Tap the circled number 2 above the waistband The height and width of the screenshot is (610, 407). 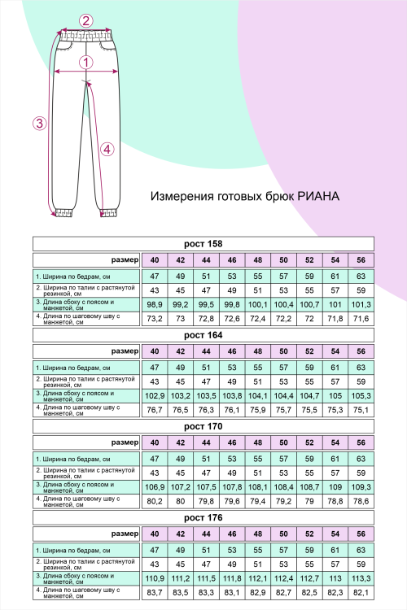click(x=87, y=21)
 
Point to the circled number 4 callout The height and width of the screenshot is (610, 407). click(x=107, y=149)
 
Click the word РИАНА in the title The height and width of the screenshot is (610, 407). click(x=318, y=197)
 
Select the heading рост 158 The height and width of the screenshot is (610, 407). click(x=203, y=243)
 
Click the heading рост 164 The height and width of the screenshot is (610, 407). click(x=203, y=334)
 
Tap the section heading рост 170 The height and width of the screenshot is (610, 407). click(x=203, y=425)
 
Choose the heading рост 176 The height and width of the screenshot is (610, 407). click(x=203, y=516)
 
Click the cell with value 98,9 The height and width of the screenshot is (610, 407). click(x=154, y=304)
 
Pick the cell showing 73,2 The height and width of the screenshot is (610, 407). click(x=154, y=318)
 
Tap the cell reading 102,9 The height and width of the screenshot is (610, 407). click(x=154, y=395)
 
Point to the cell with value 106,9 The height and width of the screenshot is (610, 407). click(x=154, y=486)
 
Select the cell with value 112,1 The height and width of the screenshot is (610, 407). click(x=258, y=577)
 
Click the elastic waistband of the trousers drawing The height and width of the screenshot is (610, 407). click(x=87, y=36)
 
